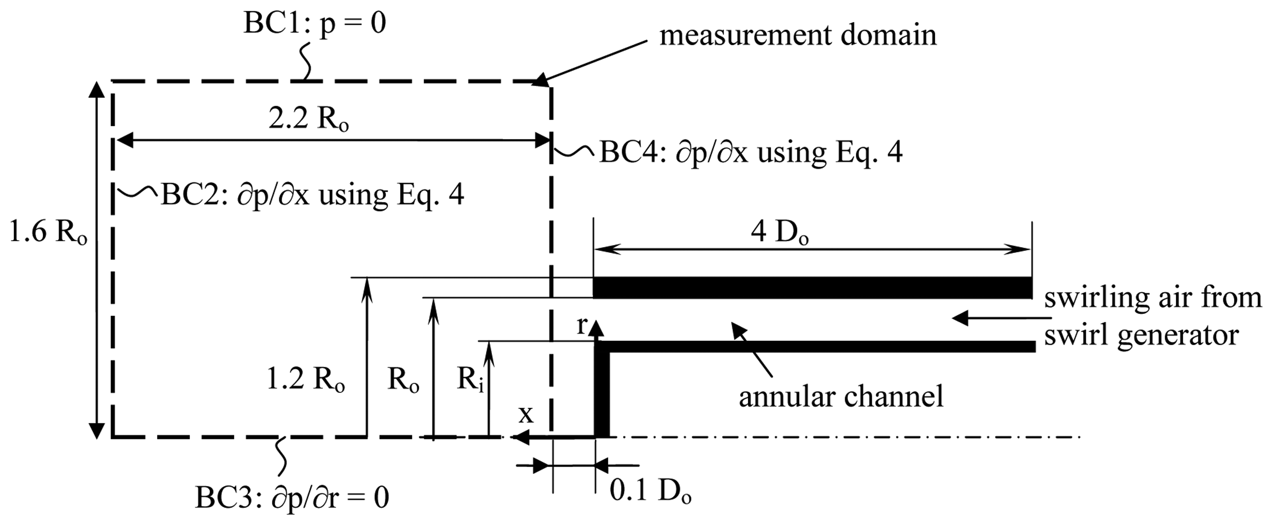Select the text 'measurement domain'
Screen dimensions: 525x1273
tap(798, 36)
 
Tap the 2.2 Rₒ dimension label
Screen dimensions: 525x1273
tap(308, 120)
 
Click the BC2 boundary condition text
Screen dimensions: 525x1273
tap(312, 195)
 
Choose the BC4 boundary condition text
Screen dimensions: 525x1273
tap(751, 152)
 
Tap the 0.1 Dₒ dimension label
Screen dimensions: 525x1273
tap(650, 491)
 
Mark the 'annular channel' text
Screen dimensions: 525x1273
tap(841, 397)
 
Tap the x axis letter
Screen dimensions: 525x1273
tap(526, 415)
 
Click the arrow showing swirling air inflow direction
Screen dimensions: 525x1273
tap(983, 318)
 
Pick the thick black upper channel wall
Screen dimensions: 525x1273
tap(812, 287)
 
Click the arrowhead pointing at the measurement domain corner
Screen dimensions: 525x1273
tap(541, 80)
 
